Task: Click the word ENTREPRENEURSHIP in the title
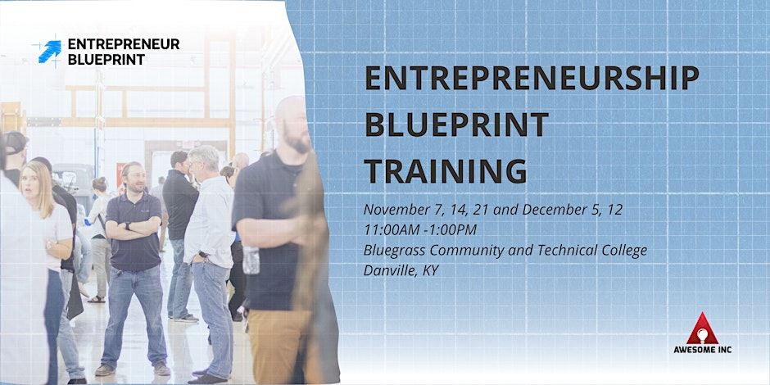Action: click(x=532, y=79)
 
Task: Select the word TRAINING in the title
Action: click(x=446, y=170)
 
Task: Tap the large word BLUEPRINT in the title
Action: click(x=456, y=125)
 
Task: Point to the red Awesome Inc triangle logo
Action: click(x=709, y=328)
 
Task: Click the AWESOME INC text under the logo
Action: click(x=709, y=350)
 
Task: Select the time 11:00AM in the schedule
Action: click(x=396, y=230)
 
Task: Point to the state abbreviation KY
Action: click(x=430, y=270)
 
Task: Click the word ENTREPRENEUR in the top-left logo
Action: click(x=123, y=45)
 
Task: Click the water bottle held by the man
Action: click(x=251, y=260)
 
